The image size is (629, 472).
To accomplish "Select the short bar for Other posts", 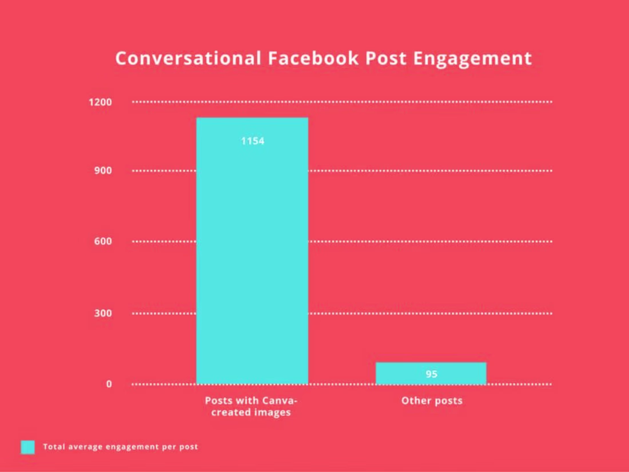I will click(x=431, y=373).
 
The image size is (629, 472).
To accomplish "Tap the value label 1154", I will click(x=252, y=141).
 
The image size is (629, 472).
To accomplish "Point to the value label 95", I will click(x=431, y=374).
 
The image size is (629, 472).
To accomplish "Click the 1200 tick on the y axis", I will click(x=100, y=102).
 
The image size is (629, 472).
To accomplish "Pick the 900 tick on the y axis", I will click(x=103, y=170).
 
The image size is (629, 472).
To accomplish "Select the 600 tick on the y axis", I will click(x=103, y=241).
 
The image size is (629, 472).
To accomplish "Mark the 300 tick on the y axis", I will click(x=103, y=314).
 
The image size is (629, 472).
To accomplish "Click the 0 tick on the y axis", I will click(x=109, y=384).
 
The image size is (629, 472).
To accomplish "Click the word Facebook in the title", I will click(x=306, y=58).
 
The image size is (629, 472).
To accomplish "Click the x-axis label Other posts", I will click(x=432, y=400).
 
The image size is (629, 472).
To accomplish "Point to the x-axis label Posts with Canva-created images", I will click(x=252, y=406).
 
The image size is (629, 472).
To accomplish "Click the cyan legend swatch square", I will click(x=28, y=447).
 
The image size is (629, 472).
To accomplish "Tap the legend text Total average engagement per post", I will click(x=121, y=447).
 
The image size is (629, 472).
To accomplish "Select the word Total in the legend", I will click(x=53, y=447).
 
